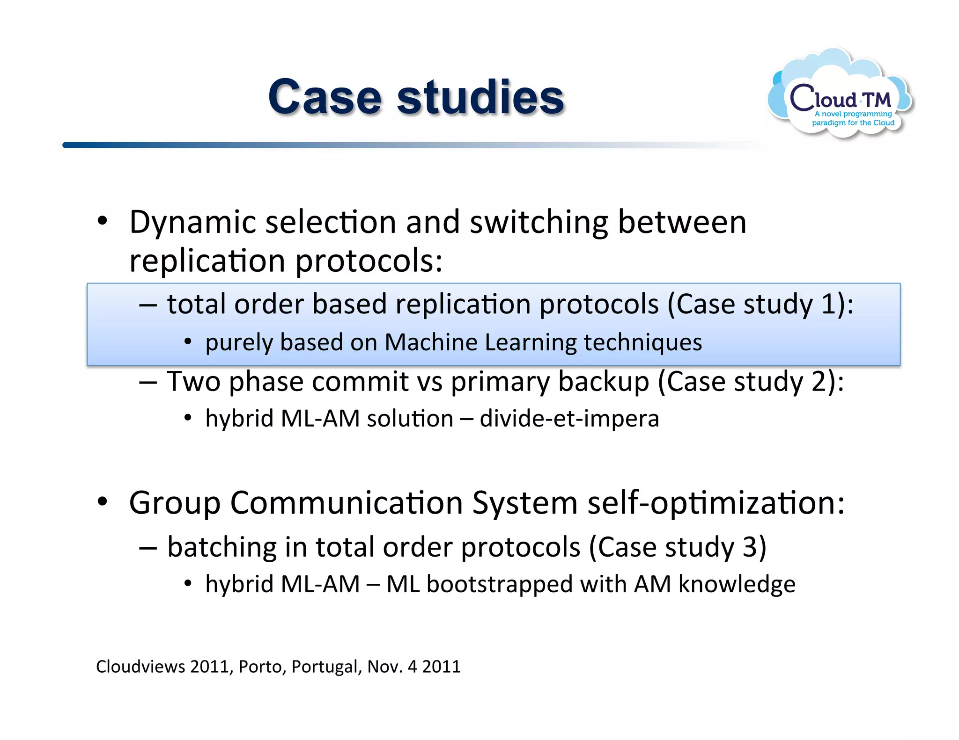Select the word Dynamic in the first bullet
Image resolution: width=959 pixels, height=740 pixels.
192,222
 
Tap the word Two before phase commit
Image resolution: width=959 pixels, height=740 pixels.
194,381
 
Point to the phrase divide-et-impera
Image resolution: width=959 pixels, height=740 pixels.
569,418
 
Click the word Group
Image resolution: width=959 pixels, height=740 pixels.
174,503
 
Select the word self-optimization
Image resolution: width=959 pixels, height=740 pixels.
716,503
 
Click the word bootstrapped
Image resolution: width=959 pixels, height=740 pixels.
500,584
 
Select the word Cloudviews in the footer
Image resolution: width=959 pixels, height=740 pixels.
140,667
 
